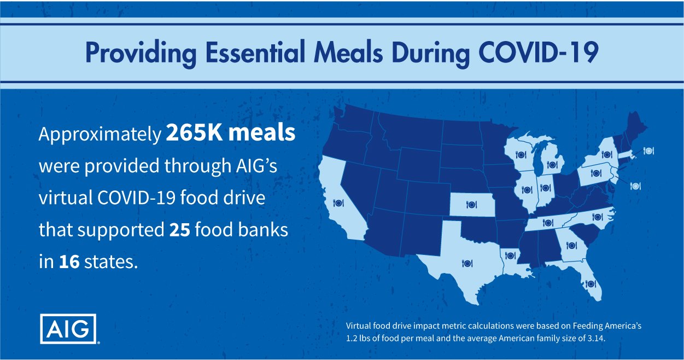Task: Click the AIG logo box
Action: pos(68,328)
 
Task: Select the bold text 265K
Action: pos(194,133)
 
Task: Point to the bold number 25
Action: pos(180,230)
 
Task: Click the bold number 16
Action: pos(69,262)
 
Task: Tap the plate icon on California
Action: pos(338,202)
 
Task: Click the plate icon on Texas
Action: pos(467,263)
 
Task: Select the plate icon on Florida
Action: pos(591,284)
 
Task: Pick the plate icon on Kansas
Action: pos(471,204)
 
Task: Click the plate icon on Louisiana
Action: pos(510,255)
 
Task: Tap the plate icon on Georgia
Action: pos(571,245)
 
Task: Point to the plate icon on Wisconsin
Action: pos(521,155)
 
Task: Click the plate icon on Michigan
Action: pos(552,165)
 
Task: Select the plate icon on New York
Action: pos(607,154)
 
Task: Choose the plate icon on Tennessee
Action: pos(548,223)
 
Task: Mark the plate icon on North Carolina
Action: pos(597,217)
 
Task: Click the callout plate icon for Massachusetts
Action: pos(648,150)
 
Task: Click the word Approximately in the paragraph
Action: pos(100,134)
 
